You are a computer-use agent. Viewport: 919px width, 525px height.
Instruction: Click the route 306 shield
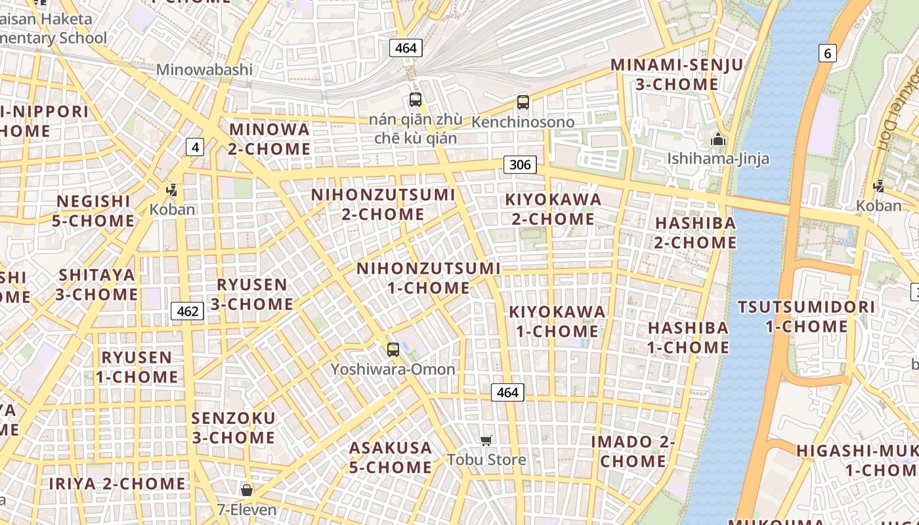[x=520, y=164]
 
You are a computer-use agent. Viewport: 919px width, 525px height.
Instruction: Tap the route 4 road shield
[x=194, y=147]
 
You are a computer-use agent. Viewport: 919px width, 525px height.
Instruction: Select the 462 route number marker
[x=188, y=311]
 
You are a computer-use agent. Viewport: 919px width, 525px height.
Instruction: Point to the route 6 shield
[x=827, y=53]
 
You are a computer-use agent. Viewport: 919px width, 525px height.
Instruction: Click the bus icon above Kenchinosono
[x=523, y=102]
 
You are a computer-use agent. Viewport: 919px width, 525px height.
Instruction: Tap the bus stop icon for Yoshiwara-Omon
[x=393, y=349]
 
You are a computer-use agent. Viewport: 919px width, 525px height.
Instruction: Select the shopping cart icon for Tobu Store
[x=486, y=440]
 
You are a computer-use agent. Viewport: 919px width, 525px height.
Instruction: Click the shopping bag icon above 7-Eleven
[x=247, y=490]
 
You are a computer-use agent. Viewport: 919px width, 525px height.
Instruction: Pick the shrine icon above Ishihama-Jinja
[x=718, y=139]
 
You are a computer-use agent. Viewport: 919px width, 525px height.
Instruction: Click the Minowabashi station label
[x=204, y=70]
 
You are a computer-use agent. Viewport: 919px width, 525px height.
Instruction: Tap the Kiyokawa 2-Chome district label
[x=553, y=209]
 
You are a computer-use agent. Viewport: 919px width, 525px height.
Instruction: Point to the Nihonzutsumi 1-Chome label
[x=428, y=278]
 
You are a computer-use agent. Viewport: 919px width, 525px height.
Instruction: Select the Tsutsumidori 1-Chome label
[x=806, y=316]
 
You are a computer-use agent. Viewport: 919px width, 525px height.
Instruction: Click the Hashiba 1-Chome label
[x=688, y=337]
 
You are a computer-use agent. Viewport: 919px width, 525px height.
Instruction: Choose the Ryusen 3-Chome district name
[x=251, y=294]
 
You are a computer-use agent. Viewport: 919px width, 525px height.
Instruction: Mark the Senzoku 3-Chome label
[x=233, y=427]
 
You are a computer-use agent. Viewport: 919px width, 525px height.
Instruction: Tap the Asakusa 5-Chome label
[x=391, y=457]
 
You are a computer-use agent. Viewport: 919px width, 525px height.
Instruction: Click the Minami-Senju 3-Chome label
[x=677, y=75]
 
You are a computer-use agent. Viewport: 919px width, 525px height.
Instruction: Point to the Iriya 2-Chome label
[x=118, y=484]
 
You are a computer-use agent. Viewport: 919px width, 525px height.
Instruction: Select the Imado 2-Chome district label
[x=633, y=451]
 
